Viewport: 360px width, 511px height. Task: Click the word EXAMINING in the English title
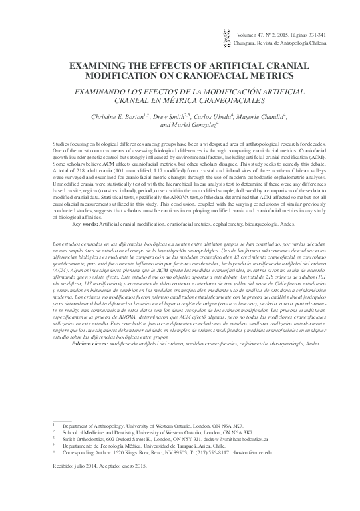click(101, 65)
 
